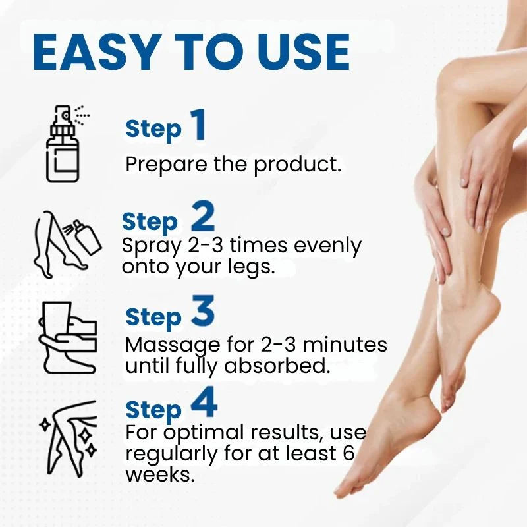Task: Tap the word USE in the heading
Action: point(292,52)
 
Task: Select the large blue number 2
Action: point(203,218)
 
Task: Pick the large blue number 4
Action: point(204,404)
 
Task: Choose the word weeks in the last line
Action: point(159,474)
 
